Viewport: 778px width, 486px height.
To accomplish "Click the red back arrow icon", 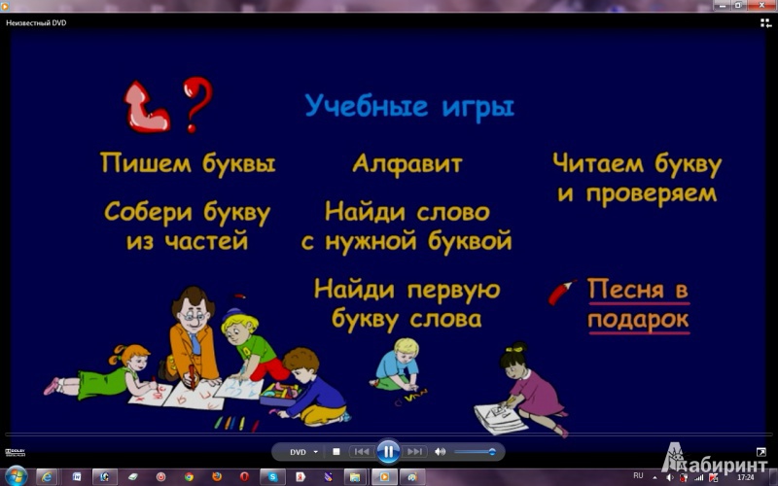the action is [145, 109].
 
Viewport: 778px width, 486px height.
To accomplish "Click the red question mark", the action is [197, 103].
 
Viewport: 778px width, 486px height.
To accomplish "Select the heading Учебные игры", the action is [409, 107].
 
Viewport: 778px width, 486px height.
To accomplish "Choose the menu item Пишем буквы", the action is [188, 163].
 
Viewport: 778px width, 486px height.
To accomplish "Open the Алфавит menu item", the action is [407, 163].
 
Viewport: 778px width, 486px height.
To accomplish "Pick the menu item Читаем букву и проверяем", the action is [637, 178].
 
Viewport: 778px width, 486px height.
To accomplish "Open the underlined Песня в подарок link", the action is [639, 305].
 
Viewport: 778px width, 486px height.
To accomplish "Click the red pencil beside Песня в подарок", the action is [562, 293].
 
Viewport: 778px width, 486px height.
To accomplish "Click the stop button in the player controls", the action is [336, 452].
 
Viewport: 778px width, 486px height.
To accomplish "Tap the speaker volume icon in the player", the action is [440, 452].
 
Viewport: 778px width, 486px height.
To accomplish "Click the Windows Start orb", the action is [16, 476].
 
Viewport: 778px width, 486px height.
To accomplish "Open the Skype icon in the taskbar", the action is [272, 477].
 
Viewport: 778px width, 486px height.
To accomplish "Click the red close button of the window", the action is [761, 6].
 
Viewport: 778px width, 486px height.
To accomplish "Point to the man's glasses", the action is [192, 316].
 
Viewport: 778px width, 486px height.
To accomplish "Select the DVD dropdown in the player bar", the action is [303, 452].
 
